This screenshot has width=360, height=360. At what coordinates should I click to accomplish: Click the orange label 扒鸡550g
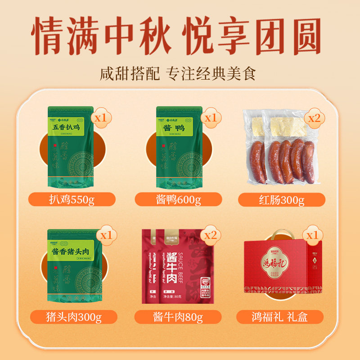click(x=72, y=199)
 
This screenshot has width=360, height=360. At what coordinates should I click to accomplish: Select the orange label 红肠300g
click(x=282, y=199)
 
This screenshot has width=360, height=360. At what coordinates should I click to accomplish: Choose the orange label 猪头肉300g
click(x=72, y=317)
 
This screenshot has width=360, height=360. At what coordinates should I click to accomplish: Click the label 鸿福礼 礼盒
click(x=282, y=317)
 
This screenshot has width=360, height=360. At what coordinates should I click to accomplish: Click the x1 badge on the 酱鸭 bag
click(x=210, y=118)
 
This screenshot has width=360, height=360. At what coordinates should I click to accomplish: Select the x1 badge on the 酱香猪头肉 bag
click(x=106, y=235)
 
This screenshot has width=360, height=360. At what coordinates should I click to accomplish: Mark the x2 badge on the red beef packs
click(x=210, y=235)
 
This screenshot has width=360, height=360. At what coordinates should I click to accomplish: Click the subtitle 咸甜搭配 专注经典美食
click(x=178, y=73)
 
